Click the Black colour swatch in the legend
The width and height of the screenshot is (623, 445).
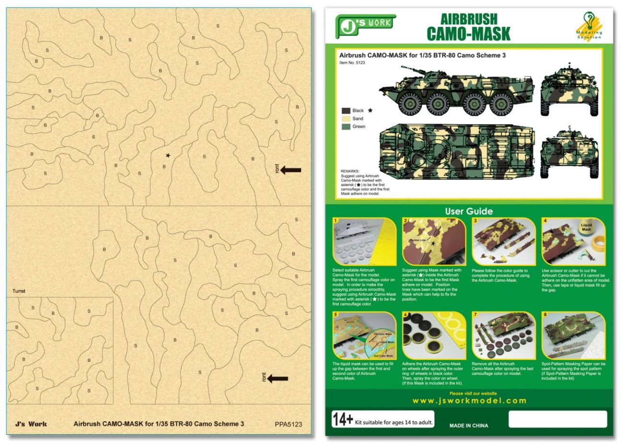click(x=346, y=111)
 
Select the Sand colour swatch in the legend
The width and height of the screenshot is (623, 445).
click(x=346, y=118)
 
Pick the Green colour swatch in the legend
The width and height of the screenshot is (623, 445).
click(x=346, y=127)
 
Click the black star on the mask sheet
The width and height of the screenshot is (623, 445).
click(x=168, y=155)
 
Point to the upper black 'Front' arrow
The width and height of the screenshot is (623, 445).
click(x=290, y=170)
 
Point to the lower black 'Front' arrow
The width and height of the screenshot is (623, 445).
click(x=277, y=378)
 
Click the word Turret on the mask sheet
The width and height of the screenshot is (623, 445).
click(x=19, y=291)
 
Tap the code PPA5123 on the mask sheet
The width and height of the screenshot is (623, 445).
click(x=288, y=424)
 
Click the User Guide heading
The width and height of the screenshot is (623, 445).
click(x=469, y=211)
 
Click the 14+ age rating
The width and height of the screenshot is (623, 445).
click(x=343, y=420)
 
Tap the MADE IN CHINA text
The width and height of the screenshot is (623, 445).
click(x=469, y=425)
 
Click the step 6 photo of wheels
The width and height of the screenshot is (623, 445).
click(x=434, y=336)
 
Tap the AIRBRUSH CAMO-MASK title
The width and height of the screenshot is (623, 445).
click(x=468, y=27)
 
